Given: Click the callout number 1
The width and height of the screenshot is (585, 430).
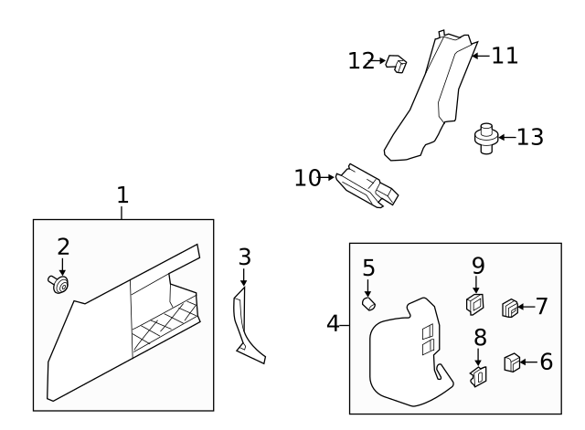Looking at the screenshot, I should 122,194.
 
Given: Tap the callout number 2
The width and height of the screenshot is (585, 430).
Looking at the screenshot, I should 62,246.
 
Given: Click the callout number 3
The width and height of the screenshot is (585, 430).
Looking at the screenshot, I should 244,257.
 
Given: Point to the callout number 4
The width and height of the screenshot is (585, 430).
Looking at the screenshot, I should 334,323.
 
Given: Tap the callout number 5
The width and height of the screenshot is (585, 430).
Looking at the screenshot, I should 368,267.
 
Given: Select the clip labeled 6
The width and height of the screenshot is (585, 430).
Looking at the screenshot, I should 513,362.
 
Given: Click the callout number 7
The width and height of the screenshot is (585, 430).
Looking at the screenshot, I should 541,306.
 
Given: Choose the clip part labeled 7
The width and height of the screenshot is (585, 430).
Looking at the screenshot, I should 511,308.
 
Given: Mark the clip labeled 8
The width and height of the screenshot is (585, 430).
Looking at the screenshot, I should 478,374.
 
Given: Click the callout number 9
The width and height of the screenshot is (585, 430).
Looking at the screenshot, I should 478,266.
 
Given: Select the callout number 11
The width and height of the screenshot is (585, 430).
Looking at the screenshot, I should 505,56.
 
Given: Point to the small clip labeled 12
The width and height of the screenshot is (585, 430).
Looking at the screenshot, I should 396,65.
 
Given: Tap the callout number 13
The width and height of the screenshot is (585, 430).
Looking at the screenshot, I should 529,137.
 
